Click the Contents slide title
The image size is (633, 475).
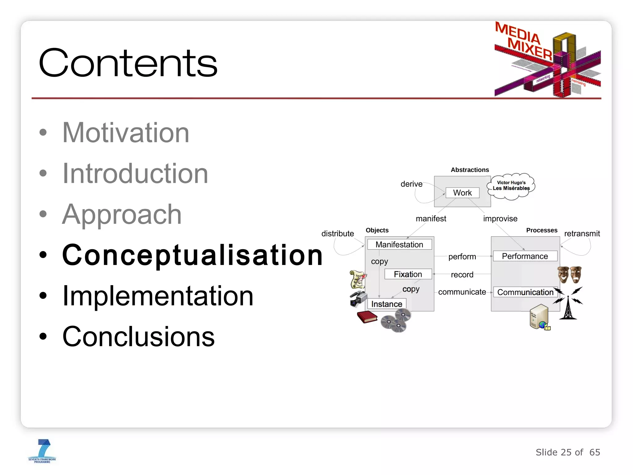[128, 63]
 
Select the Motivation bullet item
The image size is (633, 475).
[125, 133]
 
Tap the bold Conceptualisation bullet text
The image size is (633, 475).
[192, 255]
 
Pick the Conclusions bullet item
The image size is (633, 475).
[138, 336]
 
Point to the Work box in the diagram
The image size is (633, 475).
[462, 193]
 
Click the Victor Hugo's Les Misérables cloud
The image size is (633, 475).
[511, 186]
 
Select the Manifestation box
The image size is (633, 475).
[399, 245]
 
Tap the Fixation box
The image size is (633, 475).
[408, 274]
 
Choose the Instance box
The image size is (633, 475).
[386, 304]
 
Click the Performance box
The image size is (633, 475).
[525, 256]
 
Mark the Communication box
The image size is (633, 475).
[525, 292]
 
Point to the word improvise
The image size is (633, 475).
[500, 219]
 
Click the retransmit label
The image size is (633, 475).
[582, 233]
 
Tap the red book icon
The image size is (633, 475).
[367, 317]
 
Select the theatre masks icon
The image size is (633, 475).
[569, 274]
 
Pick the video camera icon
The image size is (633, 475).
[358, 298]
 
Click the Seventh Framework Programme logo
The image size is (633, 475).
[42, 451]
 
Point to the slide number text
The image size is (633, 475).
[567, 452]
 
